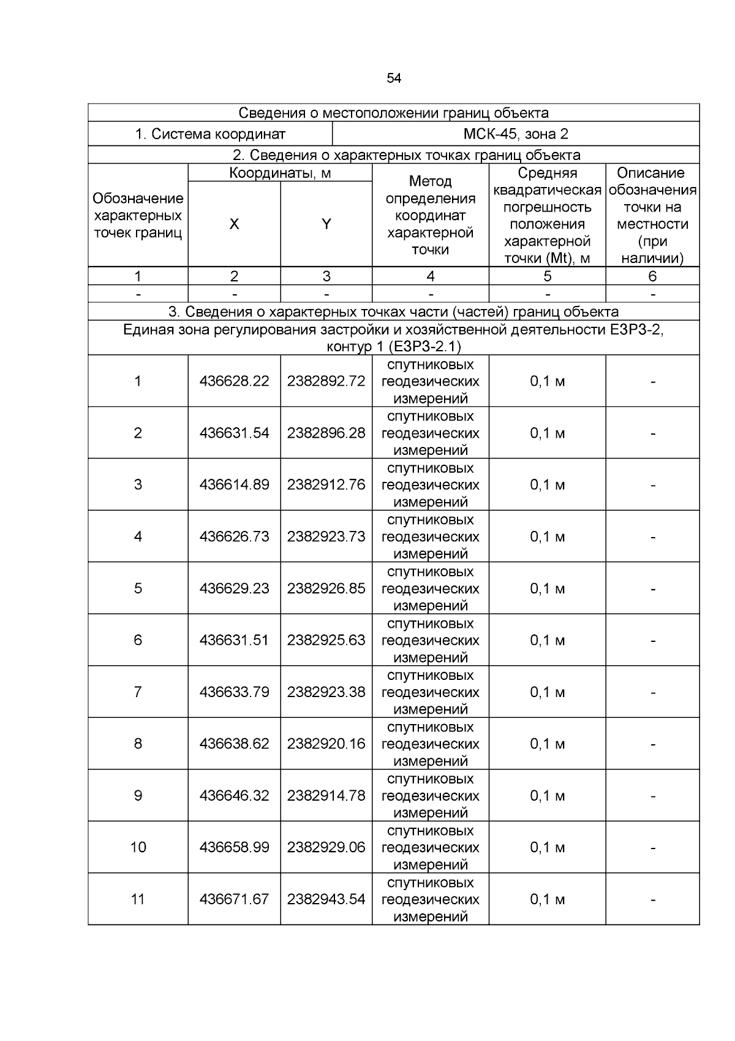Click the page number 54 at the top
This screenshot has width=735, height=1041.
pos(394,78)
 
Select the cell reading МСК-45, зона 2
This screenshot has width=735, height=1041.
pos(516,134)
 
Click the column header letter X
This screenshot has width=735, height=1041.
pos(234,224)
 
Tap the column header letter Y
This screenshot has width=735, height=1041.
pos(326,224)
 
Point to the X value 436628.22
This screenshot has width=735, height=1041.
pos(234,381)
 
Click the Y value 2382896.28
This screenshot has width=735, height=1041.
pos(326,433)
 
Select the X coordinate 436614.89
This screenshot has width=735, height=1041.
pos(234,485)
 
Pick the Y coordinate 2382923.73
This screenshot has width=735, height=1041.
pos(326,536)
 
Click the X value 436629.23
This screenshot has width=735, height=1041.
pos(234,589)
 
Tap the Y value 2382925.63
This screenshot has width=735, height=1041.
pos(326,640)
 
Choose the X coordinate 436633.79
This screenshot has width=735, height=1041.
pos(234,692)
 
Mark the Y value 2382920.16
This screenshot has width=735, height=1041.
pos(326,744)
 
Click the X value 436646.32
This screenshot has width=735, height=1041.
pos(234,796)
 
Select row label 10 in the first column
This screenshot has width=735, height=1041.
pos(138,847)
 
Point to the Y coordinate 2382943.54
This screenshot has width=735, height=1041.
pos(326,899)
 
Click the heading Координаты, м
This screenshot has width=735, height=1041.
pos(280,173)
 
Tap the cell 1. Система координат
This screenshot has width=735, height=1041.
pos(210,134)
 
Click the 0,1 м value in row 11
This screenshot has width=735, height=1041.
pos(547,899)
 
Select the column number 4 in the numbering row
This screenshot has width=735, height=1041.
pos(430,276)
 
